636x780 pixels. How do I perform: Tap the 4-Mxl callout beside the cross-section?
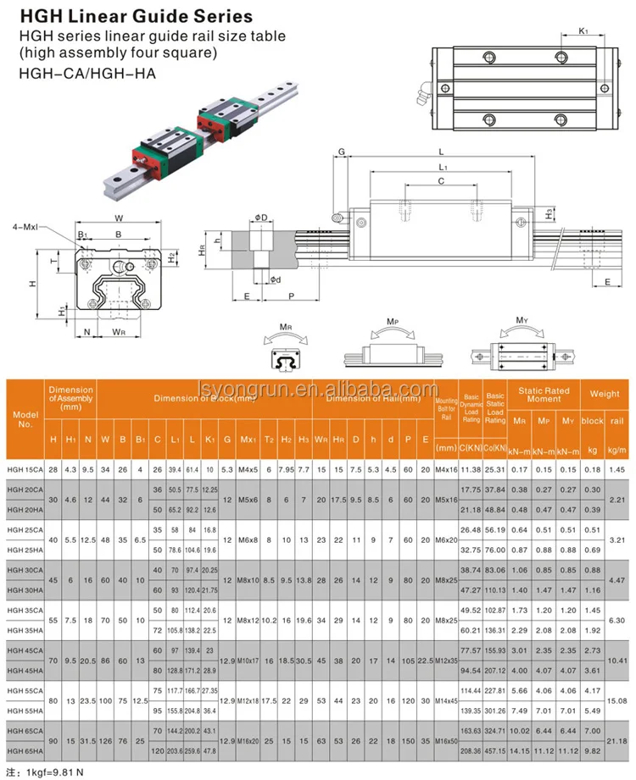tap(30, 227)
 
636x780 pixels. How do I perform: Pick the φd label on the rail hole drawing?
tap(276, 279)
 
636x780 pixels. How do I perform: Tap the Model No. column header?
tap(26, 419)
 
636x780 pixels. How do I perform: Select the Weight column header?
tap(605, 394)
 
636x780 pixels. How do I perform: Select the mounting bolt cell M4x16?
tap(445, 468)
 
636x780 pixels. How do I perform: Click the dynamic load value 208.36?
tap(471, 751)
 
